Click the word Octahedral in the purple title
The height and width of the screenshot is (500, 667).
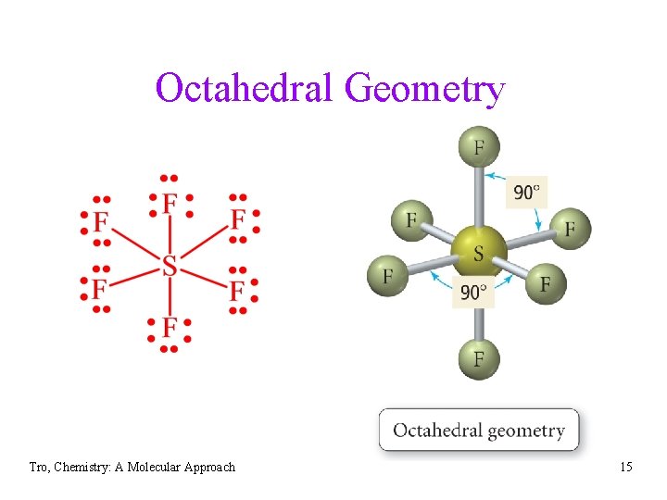(x=245, y=90)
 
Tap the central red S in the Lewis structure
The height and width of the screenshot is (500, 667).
(x=170, y=266)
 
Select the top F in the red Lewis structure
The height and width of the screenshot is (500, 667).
(x=170, y=203)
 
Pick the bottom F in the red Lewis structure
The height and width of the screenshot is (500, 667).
(x=170, y=327)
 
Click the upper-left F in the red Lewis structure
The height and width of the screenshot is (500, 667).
(x=101, y=221)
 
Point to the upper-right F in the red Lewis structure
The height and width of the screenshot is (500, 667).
(x=238, y=219)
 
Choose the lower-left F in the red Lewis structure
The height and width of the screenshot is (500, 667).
(x=99, y=289)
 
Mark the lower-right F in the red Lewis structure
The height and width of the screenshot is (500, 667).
(x=238, y=291)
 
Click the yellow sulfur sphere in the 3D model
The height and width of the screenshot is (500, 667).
(x=479, y=250)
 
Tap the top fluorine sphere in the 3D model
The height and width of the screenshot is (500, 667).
(x=479, y=147)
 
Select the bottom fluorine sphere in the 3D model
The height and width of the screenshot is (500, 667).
(x=479, y=357)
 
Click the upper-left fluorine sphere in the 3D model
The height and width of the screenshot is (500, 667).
(x=411, y=219)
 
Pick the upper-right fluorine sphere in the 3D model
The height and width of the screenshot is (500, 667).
(x=570, y=228)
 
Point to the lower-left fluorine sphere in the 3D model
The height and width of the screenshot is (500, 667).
(x=387, y=275)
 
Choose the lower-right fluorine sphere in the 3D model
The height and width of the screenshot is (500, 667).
(x=545, y=281)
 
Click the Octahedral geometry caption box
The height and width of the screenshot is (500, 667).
(x=478, y=430)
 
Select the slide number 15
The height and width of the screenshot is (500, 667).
(x=626, y=467)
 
